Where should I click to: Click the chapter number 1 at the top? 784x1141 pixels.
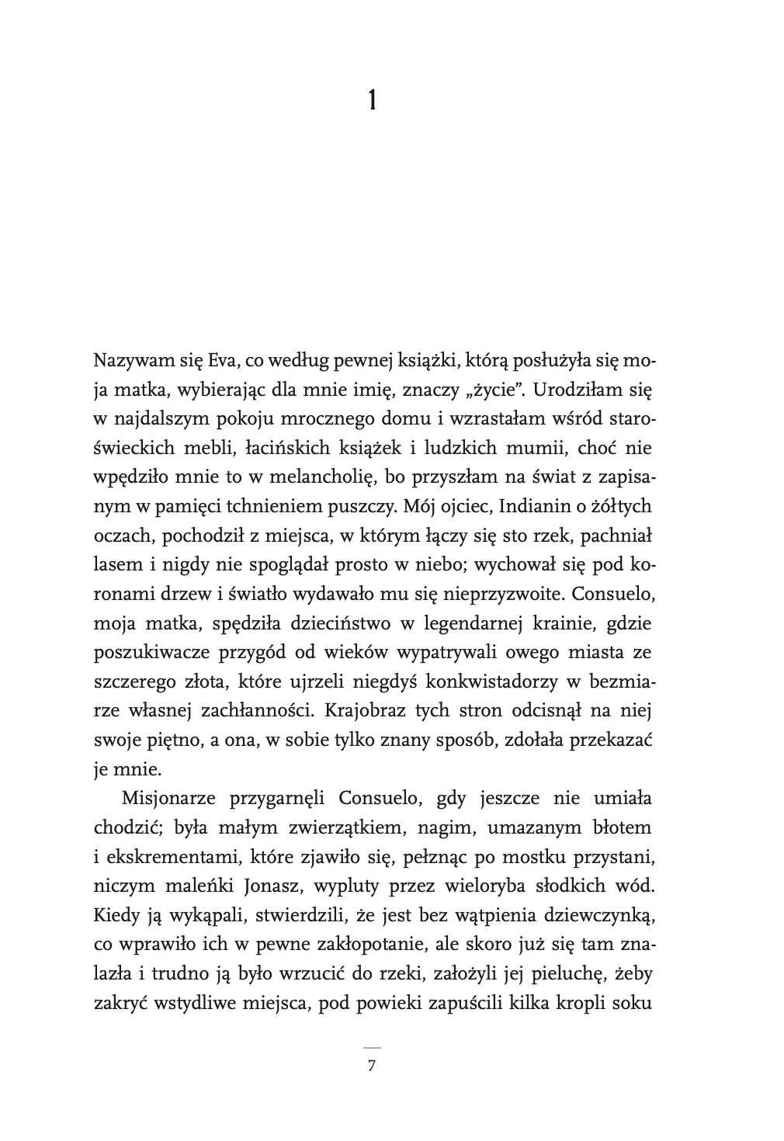pyautogui.click(x=372, y=100)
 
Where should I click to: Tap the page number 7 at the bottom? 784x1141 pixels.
pyautogui.click(x=372, y=1065)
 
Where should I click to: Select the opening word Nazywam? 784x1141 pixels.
pyautogui.click(x=125, y=361)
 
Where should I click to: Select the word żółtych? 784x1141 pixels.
pyautogui.click(x=623, y=507)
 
